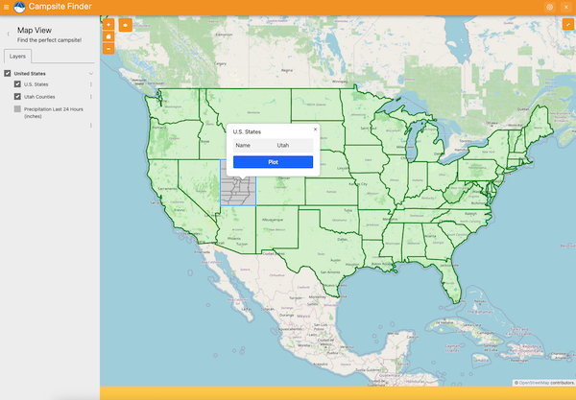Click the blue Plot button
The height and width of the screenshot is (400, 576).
coord(273,162)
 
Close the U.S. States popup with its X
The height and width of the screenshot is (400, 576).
coord(315,129)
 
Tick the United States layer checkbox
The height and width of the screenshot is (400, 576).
coord(8,73)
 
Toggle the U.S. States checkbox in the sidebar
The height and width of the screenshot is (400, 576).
coord(17,84)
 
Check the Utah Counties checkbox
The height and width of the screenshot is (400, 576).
coord(17,97)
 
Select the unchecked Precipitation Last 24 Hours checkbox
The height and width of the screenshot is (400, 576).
coord(17,109)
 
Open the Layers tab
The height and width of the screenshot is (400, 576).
coord(17,57)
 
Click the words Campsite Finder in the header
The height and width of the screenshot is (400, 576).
coord(60,8)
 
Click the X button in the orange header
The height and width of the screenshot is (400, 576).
coord(565,7)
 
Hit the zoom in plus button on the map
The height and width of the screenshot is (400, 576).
coord(108,24)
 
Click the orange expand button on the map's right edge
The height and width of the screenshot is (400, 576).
coord(567,24)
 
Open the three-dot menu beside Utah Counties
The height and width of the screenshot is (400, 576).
coord(91,97)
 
